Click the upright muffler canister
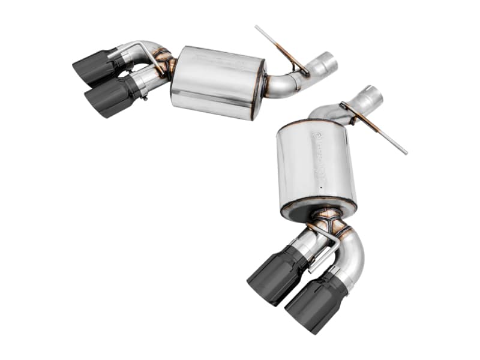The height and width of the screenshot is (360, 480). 315,165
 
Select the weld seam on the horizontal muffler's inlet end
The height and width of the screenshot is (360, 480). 263,84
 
